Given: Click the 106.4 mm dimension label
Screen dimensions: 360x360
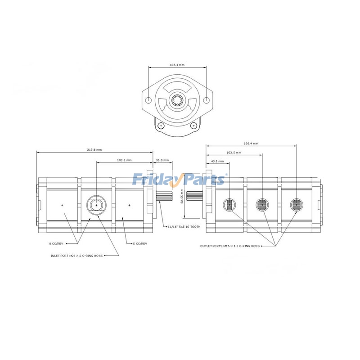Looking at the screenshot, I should coord(177,64).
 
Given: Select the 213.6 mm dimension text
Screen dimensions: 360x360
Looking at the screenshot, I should coord(94,149).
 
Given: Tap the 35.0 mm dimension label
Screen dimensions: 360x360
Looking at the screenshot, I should coord(162,160).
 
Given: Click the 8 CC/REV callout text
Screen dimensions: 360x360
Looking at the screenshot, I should coord(56,243).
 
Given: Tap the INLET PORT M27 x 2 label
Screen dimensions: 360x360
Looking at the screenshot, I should coord(77,255).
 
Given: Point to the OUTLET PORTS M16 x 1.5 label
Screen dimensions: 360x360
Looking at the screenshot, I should coord(230,246).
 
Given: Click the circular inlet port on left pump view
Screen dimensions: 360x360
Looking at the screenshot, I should coord(96,205).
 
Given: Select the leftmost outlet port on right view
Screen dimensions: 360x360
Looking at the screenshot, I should coord(229,205).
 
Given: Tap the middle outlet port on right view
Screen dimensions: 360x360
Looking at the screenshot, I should coord(261,205).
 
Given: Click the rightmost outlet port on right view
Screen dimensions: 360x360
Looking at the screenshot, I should coord(296,205).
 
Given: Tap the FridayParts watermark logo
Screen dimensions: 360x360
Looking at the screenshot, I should coord(179,180).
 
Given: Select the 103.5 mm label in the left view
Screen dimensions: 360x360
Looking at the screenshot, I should coord(124,160).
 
